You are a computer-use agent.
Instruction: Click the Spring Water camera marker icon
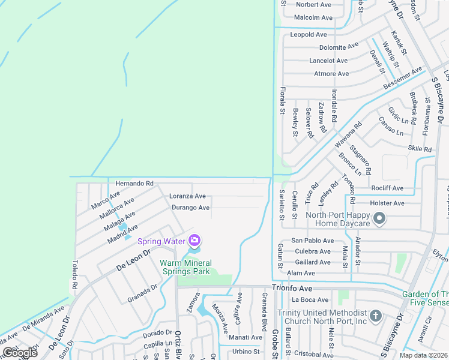click(194, 241)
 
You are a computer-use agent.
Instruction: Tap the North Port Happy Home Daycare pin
click(379, 220)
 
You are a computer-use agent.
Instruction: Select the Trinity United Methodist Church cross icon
click(375, 316)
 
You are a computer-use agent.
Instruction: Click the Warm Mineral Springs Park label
click(185, 267)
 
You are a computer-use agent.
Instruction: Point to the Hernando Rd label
click(134, 183)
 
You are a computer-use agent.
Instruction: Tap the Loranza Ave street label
click(187, 196)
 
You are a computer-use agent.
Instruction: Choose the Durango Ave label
click(191, 208)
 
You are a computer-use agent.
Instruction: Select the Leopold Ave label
click(309, 34)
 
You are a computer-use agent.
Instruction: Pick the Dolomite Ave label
click(339, 47)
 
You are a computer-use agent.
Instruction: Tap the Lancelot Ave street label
click(328, 61)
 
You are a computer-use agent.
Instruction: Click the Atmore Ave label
click(331, 74)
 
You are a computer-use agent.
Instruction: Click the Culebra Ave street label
click(313, 251)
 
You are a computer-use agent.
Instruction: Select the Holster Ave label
click(387, 203)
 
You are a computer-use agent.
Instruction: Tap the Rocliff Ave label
click(387, 188)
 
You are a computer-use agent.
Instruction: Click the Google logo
click(20, 352)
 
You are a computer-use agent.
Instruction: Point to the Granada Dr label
click(142, 294)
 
